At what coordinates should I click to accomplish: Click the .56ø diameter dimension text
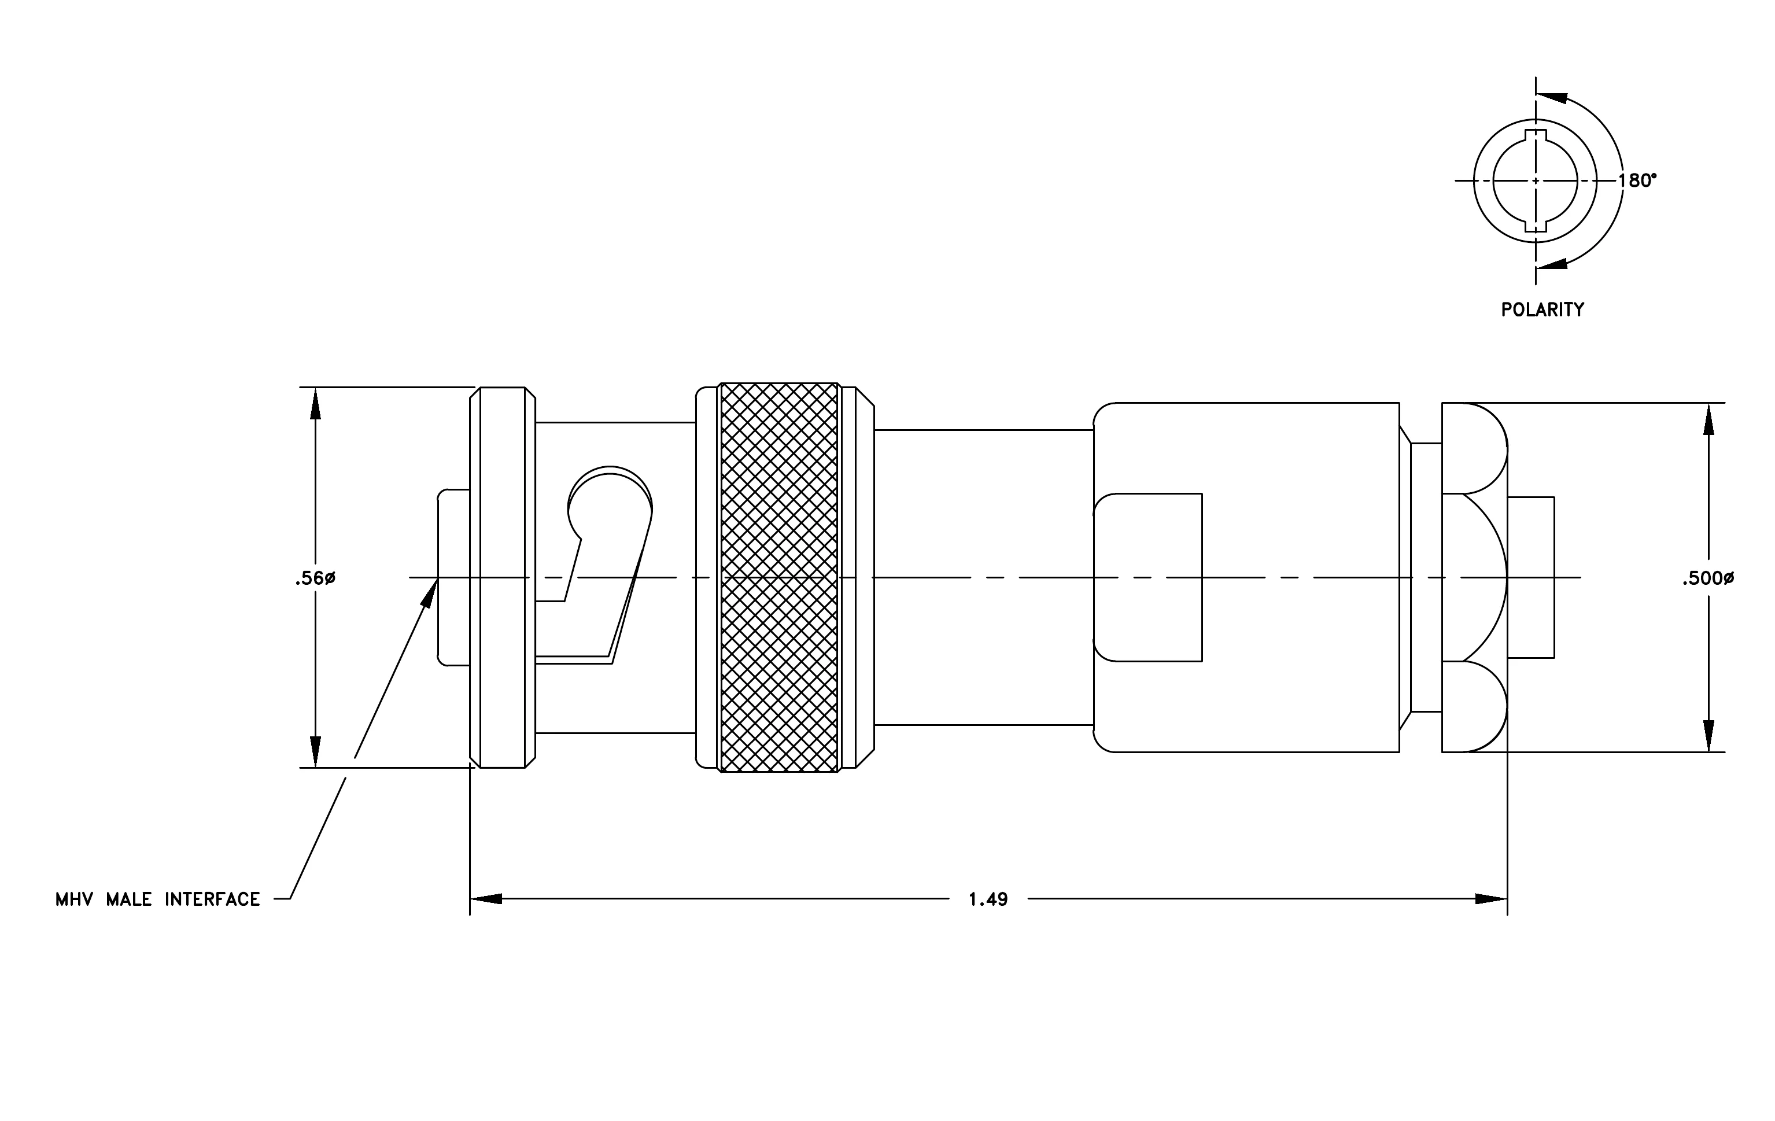315,578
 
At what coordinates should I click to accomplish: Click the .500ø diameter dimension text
1707,578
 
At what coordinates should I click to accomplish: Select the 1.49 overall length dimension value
988,899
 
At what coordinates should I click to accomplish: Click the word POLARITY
1542,309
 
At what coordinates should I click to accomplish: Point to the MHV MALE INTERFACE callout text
158,899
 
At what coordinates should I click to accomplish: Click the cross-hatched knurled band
779,577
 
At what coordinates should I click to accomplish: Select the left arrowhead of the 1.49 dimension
486,899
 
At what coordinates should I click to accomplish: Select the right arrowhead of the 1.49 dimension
1491,899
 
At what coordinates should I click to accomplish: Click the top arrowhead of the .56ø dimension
315,403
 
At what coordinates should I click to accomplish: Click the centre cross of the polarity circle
1536,180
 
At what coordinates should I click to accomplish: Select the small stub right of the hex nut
1531,577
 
